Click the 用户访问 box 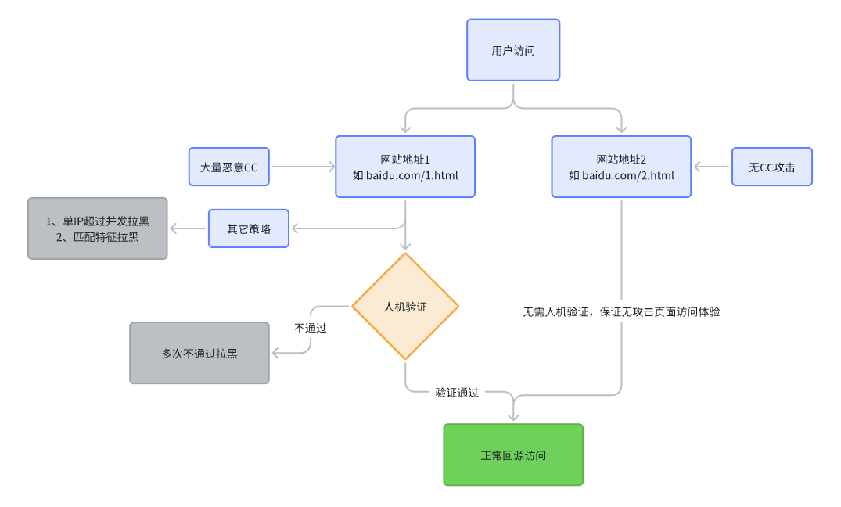point(513,50)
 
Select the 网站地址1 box point(405,167)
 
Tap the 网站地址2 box point(621,167)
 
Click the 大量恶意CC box point(228,167)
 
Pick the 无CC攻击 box point(771,167)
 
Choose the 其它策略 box point(248,228)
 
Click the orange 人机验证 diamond point(405,307)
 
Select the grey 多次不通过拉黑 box point(199,353)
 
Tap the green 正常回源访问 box point(513,455)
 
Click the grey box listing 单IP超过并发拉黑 point(98,228)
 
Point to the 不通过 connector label point(310,328)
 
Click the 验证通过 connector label point(457,393)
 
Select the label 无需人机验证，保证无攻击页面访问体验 point(621,311)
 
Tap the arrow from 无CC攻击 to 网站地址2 point(712,167)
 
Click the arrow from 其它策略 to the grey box point(188,228)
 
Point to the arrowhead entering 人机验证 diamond point(405,246)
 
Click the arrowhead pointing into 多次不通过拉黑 point(276,353)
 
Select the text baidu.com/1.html point(412,174)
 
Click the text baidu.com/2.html point(628,174)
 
